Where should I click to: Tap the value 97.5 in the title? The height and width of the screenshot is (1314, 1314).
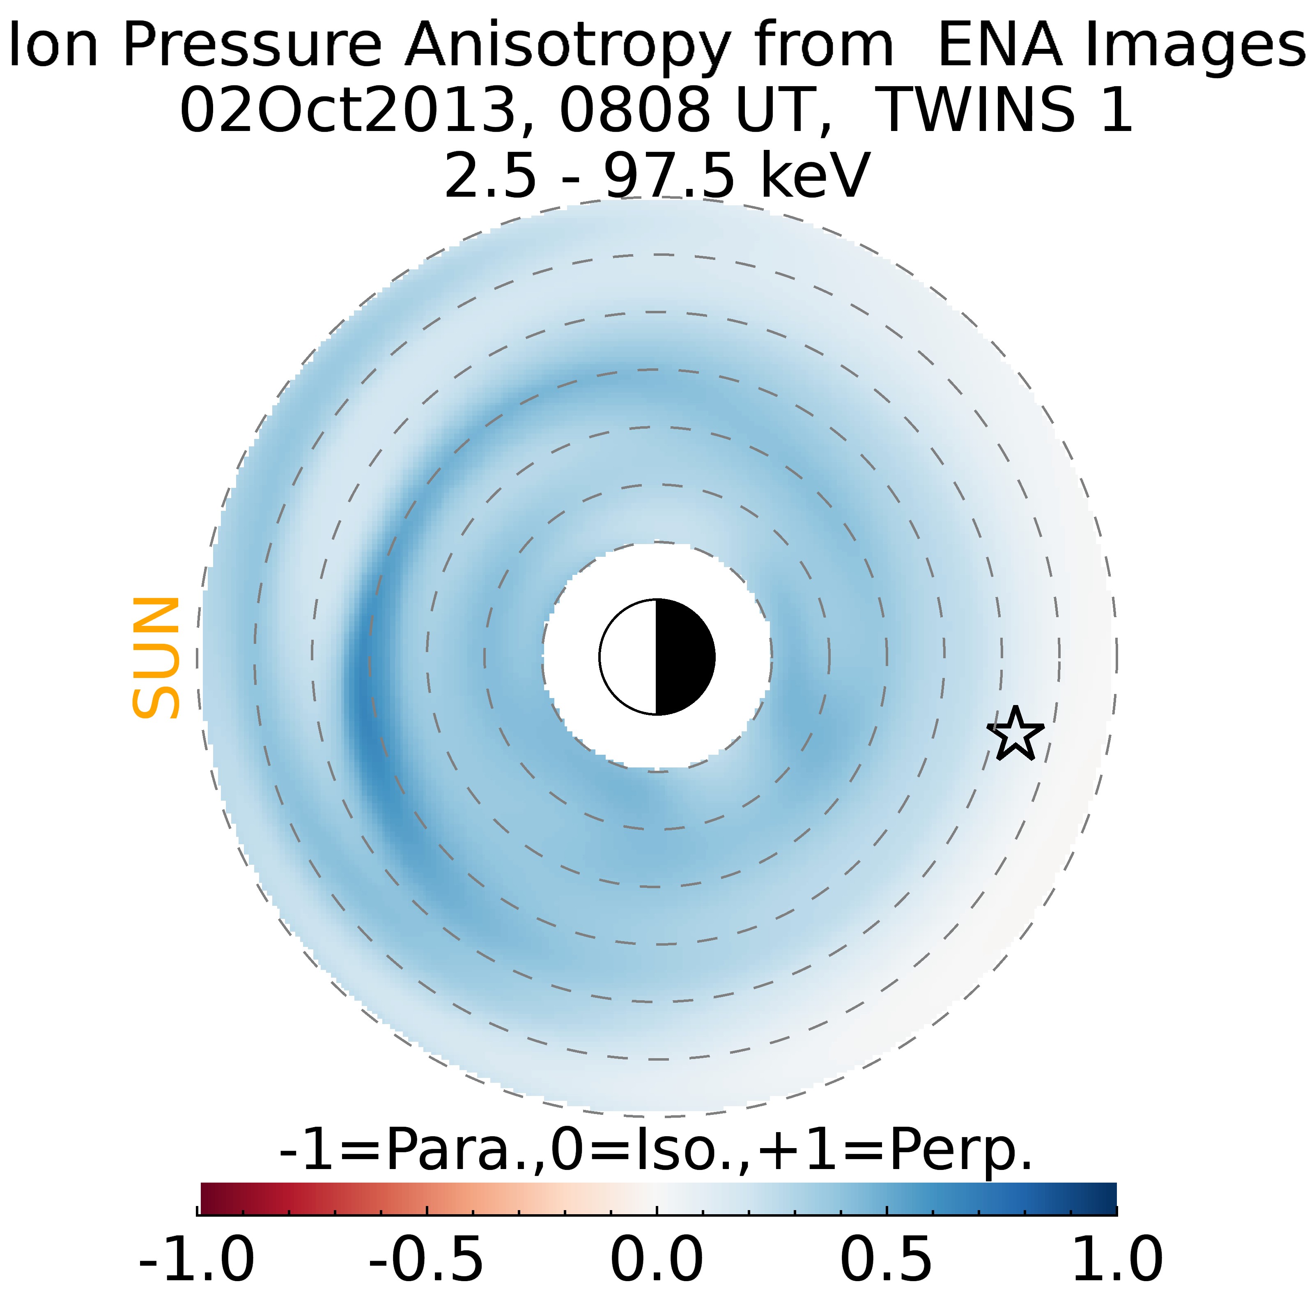click(x=669, y=175)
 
